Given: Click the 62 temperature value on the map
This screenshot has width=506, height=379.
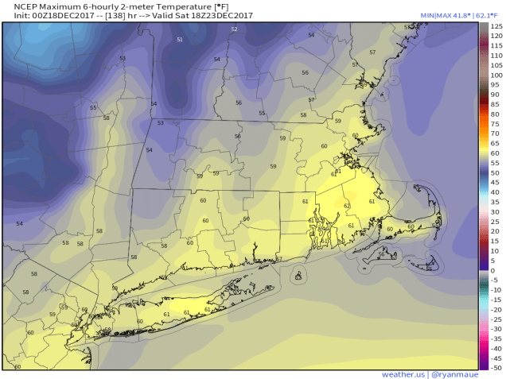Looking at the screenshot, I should tap(347, 206).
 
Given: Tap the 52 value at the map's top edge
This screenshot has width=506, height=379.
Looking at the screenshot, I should tap(234, 29).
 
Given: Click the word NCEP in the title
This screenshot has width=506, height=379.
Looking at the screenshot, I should tap(18, 6).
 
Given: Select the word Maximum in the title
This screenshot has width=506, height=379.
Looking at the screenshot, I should tap(60, 6).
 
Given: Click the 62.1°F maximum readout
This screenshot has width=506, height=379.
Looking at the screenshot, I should tap(488, 16).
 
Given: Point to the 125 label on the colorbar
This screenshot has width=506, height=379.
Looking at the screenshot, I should tap(496, 27).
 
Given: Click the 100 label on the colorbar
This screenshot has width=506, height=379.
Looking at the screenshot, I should tap(496, 75).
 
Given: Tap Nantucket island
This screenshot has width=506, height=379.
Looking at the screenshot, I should tap(432, 265).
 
